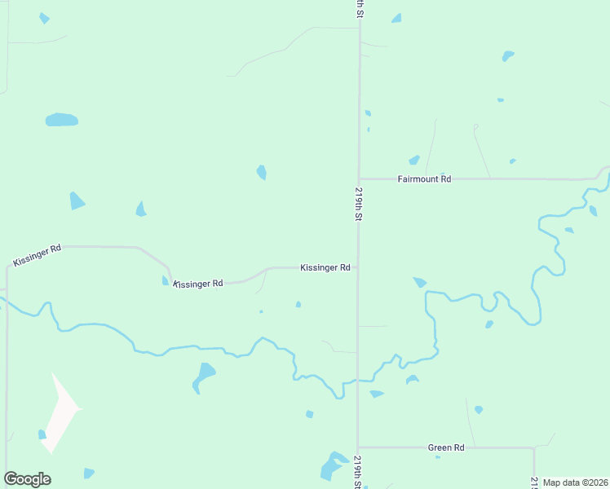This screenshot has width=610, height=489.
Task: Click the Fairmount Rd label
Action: click(424, 178)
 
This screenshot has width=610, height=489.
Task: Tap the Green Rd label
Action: click(446, 447)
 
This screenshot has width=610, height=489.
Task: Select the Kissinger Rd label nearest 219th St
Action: click(325, 267)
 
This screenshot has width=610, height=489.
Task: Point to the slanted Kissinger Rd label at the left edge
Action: click(37, 255)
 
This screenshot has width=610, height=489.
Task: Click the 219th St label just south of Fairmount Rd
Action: click(358, 204)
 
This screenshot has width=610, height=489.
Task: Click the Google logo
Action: click(27, 479)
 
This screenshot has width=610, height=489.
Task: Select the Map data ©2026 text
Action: click(575, 482)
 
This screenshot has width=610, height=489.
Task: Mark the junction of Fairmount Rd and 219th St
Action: click(359, 178)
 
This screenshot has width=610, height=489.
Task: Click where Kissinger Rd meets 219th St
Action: click(357, 267)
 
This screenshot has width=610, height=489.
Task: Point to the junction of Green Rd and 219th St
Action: click(357, 447)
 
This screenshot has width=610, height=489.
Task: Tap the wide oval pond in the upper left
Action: click(61, 120)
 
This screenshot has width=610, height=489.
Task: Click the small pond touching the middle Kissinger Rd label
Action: click(166, 281)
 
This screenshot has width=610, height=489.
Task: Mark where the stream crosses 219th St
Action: click(357, 380)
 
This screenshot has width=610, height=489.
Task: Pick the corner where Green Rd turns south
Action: click(534, 447)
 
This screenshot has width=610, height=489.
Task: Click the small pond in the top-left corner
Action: click(44, 18)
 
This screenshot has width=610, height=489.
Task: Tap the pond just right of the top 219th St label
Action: click(396, 18)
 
